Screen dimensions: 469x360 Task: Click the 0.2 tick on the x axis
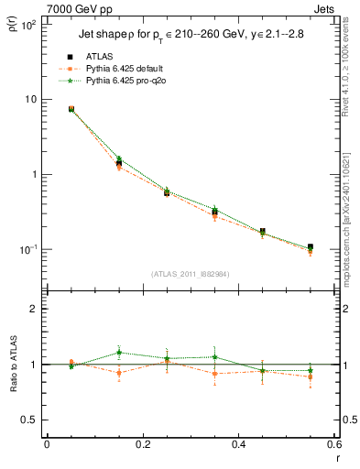click(142, 445)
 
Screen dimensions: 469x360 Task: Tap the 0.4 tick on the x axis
click(238, 445)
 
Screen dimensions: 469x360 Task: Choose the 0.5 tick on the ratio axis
click(27, 420)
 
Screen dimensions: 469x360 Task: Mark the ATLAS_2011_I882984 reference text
click(190, 273)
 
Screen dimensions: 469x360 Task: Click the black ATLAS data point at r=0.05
click(71, 109)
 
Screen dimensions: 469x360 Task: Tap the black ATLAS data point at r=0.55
click(311, 247)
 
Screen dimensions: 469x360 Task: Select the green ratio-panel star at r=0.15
click(119, 352)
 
